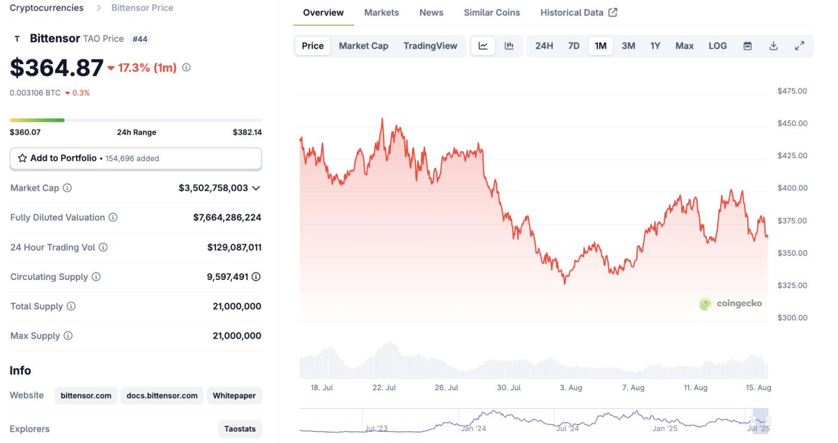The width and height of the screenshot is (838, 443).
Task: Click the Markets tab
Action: (x=381, y=13)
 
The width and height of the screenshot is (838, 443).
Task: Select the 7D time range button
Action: (x=573, y=46)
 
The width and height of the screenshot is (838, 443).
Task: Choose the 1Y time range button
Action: (x=655, y=46)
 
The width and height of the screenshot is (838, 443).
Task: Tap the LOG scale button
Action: (x=717, y=46)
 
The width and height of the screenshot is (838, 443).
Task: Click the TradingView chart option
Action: (x=430, y=46)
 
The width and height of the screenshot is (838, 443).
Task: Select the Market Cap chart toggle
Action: (x=363, y=46)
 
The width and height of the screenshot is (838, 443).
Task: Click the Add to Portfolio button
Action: (x=136, y=158)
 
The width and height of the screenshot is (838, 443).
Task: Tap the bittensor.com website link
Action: (x=86, y=396)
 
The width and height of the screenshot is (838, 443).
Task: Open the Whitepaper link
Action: (x=234, y=396)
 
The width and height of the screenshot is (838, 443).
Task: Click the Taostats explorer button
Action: (x=239, y=429)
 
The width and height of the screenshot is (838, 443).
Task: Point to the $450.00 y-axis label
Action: (x=792, y=123)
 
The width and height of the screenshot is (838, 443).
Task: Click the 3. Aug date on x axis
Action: (x=570, y=388)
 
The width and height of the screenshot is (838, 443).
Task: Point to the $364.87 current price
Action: (x=57, y=68)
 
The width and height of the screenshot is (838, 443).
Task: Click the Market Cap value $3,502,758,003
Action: (x=213, y=188)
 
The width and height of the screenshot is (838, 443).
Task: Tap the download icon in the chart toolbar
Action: (x=773, y=46)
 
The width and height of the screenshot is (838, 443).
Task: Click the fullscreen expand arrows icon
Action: (x=799, y=46)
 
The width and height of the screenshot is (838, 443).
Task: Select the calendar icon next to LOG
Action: (x=748, y=46)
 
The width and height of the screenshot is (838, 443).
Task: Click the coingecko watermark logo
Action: (x=731, y=303)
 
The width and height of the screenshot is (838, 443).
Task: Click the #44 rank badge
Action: (x=140, y=39)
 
